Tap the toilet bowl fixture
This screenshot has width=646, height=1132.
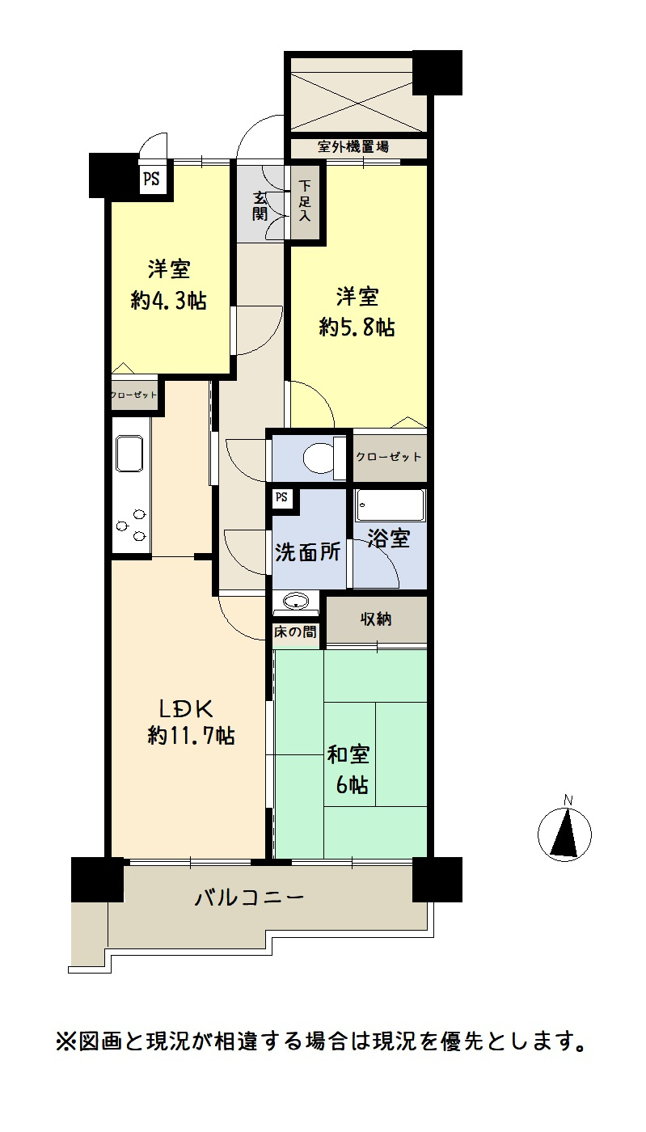[318, 458]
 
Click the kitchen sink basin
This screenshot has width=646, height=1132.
[130, 454]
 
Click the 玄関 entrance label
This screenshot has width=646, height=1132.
[260, 206]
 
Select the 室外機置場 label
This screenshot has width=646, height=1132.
[353, 147]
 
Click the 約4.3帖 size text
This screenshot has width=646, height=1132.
[169, 301]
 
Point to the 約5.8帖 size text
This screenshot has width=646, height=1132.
[357, 327]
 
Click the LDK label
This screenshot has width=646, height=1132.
[185, 709]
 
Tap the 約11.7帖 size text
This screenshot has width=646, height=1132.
[192, 736]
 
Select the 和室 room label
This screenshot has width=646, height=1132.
[348, 754]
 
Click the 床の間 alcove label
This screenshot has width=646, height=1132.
[295, 632]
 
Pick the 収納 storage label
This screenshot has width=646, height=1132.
[376, 619]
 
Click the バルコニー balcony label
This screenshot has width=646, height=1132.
[249, 898]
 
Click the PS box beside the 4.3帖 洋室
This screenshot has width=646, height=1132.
[151, 180]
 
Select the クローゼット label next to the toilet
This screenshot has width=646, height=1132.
[389, 457]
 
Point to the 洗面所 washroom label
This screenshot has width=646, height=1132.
[307, 552]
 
